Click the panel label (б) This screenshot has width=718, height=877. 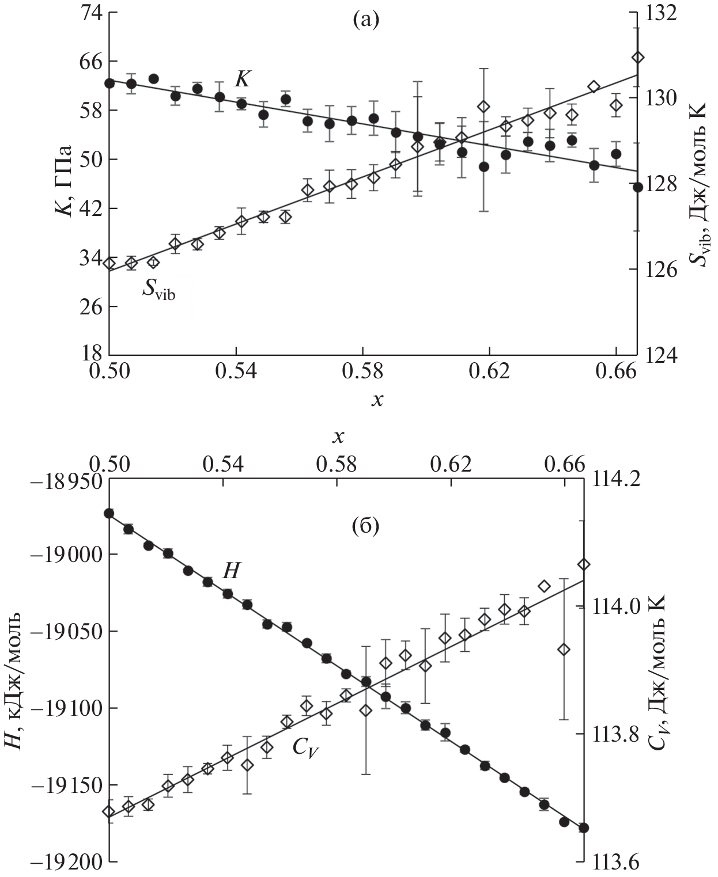coord(365,526)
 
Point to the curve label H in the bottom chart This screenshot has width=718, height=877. coord(231,571)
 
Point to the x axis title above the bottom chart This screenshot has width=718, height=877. coord(338,438)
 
